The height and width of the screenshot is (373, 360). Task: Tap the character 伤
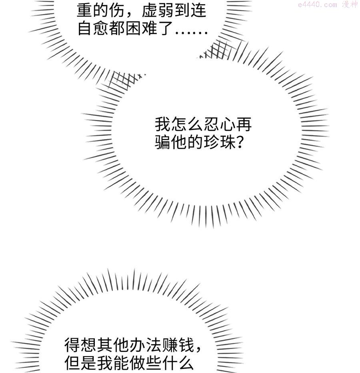tap(117, 10)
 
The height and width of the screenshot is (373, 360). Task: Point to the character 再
tap(244, 124)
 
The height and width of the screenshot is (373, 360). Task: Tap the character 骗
tap(163, 142)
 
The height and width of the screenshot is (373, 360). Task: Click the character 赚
tap(170, 345)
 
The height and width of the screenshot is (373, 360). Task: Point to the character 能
tap(121, 363)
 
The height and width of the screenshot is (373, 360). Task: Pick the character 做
tap(137, 363)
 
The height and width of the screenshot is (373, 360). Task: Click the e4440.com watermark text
tap(318, 4)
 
